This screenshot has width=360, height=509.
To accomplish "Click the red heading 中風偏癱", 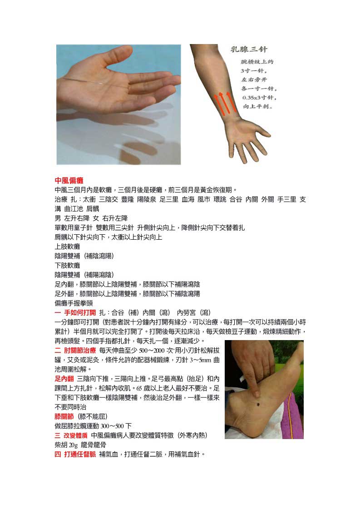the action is click(x=69, y=180).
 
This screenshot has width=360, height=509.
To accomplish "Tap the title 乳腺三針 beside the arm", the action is click(x=249, y=49).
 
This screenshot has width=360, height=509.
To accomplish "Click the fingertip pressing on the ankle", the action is click(x=256, y=394).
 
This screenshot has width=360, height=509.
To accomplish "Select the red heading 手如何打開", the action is click(x=80, y=312).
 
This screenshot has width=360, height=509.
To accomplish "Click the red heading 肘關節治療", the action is click(x=80, y=350).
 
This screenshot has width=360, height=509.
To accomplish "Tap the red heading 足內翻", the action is click(x=64, y=379).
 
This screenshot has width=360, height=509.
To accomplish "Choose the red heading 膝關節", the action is click(x=64, y=416).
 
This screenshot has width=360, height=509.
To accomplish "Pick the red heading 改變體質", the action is click(x=75, y=435).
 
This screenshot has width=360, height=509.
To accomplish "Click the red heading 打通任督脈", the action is click(x=80, y=454).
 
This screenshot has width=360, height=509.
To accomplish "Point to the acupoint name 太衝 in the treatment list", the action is click(x=89, y=199).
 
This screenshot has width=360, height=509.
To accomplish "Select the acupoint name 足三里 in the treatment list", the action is click(x=169, y=199).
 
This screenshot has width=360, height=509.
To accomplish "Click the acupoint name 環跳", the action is click(x=220, y=199).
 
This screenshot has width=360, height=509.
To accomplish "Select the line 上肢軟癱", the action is click(x=67, y=247).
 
